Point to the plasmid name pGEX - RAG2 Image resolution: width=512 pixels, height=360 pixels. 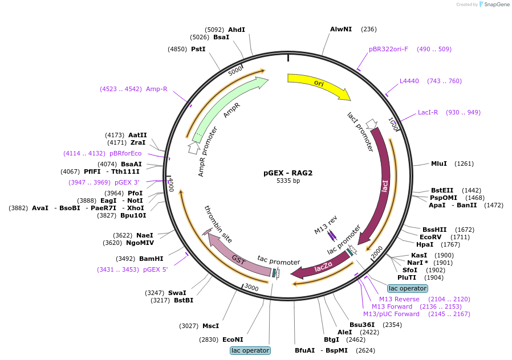pyautogui.click(x=288, y=173)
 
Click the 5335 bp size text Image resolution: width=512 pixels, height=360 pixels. pyautogui.click(x=288, y=181)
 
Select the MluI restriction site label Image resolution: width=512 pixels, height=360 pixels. pyautogui.click(x=439, y=163)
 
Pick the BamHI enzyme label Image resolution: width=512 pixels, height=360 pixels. pyautogui.click(x=151, y=259)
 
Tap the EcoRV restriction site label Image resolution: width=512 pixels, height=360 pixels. pyautogui.click(x=430, y=237)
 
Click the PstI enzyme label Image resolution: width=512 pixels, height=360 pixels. pyautogui.click(x=198, y=49)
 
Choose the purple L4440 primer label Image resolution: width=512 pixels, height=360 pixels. pyautogui.click(x=409, y=81)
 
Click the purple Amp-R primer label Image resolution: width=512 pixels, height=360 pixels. pyautogui.click(x=156, y=89)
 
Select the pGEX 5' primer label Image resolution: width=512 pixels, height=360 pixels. pyautogui.click(x=156, y=269)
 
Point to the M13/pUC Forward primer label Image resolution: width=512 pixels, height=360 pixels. pyautogui.click(x=391, y=314)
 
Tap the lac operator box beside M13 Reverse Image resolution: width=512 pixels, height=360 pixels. pyautogui.click(x=408, y=288)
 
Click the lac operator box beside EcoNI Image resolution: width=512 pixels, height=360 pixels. pyautogui.click(x=250, y=350)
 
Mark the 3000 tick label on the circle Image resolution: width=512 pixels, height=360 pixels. pyautogui.click(x=251, y=287)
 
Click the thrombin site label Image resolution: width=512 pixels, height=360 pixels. pyautogui.click(x=218, y=224)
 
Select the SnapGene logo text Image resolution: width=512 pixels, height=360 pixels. pyautogui.click(x=497, y=4)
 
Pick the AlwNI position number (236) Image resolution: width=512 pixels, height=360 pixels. pyautogui.click(x=369, y=29)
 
